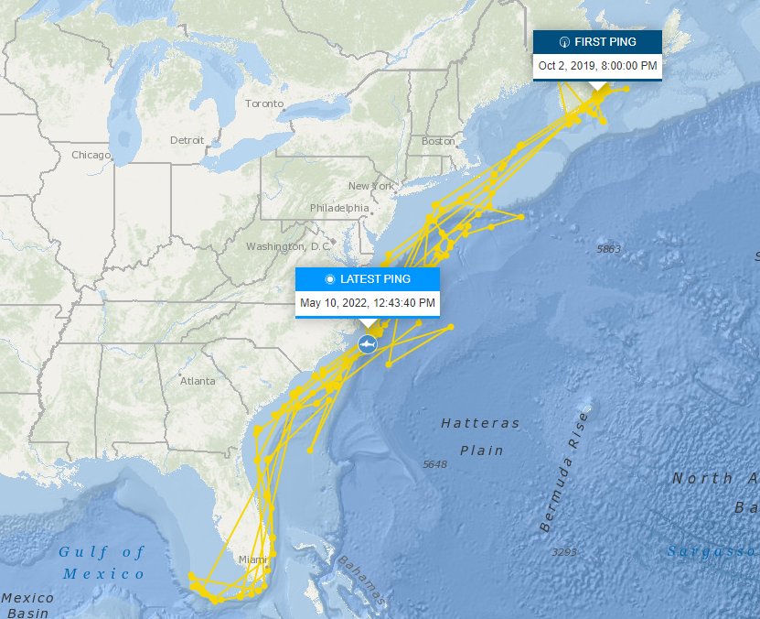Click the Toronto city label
(264, 103)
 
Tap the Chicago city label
(90, 156)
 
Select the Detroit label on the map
(187, 140)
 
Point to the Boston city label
(438, 141)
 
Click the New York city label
(370, 186)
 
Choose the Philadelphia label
(338, 208)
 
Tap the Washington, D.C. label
(287, 247)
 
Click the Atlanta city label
(198, 381)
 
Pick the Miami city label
(252, 559)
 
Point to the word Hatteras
(480, 424)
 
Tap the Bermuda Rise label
(559, 472)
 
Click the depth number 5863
(607, 249)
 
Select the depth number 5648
(434, 465)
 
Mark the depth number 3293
(563, 552)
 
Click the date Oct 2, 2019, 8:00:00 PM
(597, 66)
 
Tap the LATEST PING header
(368, 279)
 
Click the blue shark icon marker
(368, 343)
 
